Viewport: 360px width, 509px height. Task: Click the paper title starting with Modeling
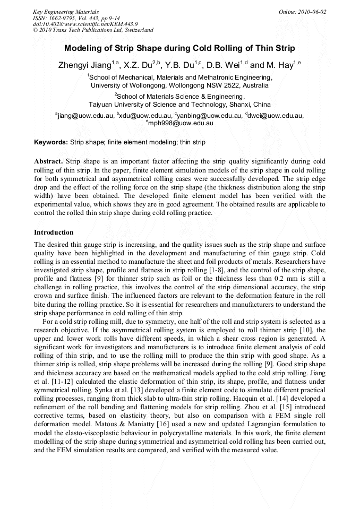[179, 48]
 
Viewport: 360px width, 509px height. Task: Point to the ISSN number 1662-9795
[66, 18]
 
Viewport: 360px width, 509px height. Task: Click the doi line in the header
[85, 24]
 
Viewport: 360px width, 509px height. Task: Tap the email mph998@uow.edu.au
[181, 123]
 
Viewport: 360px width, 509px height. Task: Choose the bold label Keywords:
[51, 142]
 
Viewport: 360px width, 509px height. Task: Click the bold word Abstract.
[48, 161]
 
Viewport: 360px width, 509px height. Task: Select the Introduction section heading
[54, 232]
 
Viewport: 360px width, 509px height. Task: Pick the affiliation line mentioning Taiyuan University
[179, 105]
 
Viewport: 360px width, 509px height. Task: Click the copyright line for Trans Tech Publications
[93, 30]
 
